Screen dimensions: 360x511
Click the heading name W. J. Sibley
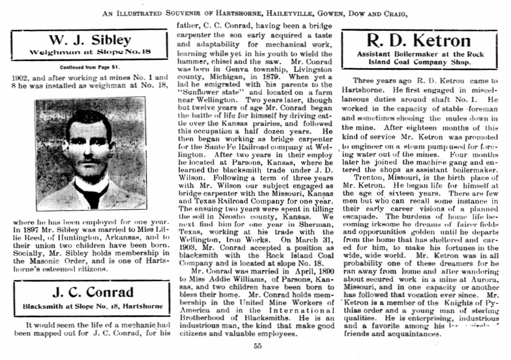click(x=90, y=40)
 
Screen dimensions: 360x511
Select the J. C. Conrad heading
click(x=92, y=292)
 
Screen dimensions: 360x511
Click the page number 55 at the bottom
click(x=258, y=346)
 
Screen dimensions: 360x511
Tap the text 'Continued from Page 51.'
click(x=90, y=67)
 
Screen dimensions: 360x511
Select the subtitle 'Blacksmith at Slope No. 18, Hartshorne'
click(x=93, y=306)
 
